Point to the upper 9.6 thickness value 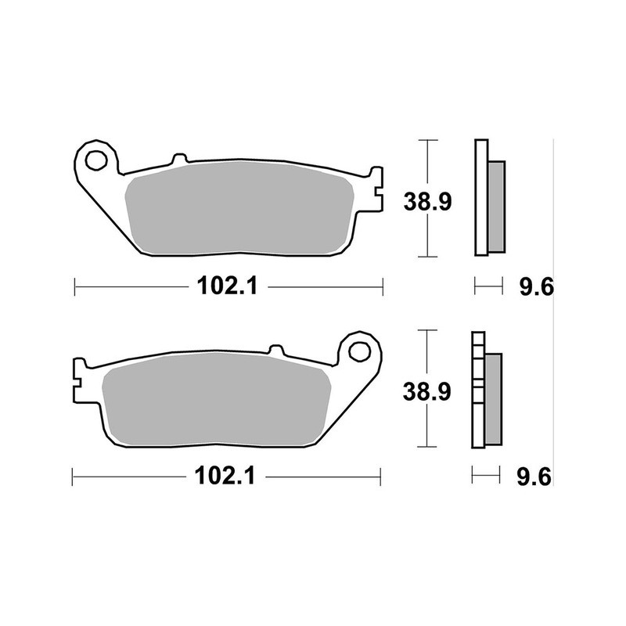(536, 288)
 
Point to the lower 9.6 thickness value (536, 476)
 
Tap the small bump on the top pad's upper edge (178, 159)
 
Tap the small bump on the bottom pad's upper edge (275, 349)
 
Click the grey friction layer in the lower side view (493, 397)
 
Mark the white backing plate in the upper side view (481, 197)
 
